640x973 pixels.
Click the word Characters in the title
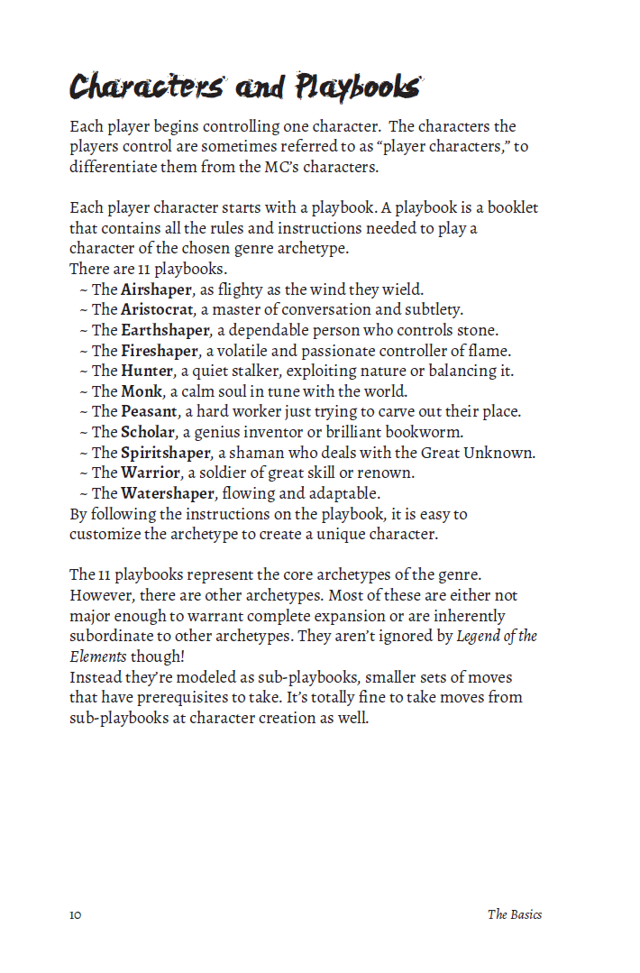[146, 87]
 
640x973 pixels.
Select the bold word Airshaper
[156, 289]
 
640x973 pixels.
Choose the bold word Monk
[142, 390]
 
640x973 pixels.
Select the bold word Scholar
[149, 431]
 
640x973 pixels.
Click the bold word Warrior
[151, 472]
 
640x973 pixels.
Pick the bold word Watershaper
[168, 492]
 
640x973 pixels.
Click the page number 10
[75, 914]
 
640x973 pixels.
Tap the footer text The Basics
[515, 914]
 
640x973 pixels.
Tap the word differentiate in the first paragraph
[114, 167]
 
